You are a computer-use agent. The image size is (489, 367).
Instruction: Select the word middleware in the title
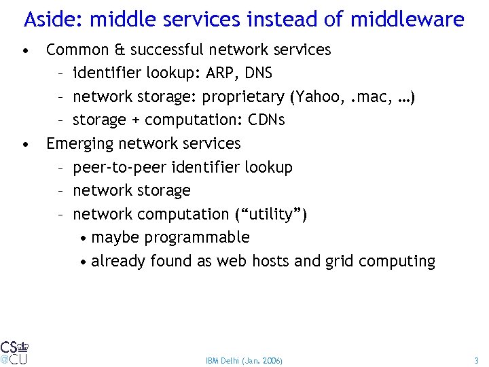point(407,19)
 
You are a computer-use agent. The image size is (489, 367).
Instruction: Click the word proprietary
point(242,97)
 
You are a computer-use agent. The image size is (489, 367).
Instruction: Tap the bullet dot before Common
point(24,50)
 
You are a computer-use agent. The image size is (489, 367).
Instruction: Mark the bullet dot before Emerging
point(24,144)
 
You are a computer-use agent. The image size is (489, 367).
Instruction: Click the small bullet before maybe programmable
point(82,239)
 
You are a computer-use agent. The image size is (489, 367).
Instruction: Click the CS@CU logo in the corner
point(14,351)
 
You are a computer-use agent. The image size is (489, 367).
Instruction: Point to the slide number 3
point(476,360)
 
